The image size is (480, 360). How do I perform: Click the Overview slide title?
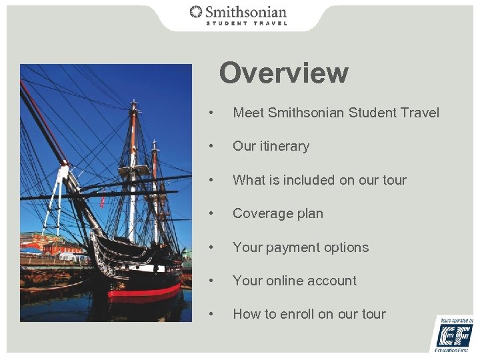(283, 73)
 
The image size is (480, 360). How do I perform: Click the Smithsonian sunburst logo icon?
(196, 12)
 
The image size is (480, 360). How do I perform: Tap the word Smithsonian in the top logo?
(246, 12)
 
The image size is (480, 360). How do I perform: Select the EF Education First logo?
(455, 334)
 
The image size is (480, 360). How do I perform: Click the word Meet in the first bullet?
(248, 113)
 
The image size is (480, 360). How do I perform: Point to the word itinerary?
(283, 146)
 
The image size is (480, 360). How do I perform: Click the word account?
(331, 281)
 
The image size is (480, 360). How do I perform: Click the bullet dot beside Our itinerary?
(211, 146)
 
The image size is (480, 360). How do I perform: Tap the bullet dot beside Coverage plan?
(211, 213)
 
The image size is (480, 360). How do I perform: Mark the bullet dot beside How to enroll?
(211, 314)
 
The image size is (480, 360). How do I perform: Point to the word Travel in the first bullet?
(420, 113)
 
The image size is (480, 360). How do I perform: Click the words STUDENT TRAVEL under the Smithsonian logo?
(246, 23)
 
